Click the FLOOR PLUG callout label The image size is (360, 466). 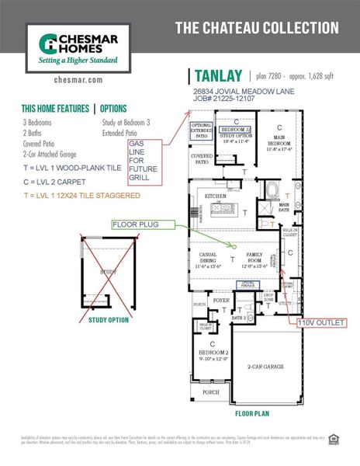137,224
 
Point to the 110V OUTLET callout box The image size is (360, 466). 318,320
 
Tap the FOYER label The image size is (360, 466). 222,299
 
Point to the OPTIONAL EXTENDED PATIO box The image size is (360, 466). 201,130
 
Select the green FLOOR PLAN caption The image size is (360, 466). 251,414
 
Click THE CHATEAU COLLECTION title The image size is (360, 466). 256,28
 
